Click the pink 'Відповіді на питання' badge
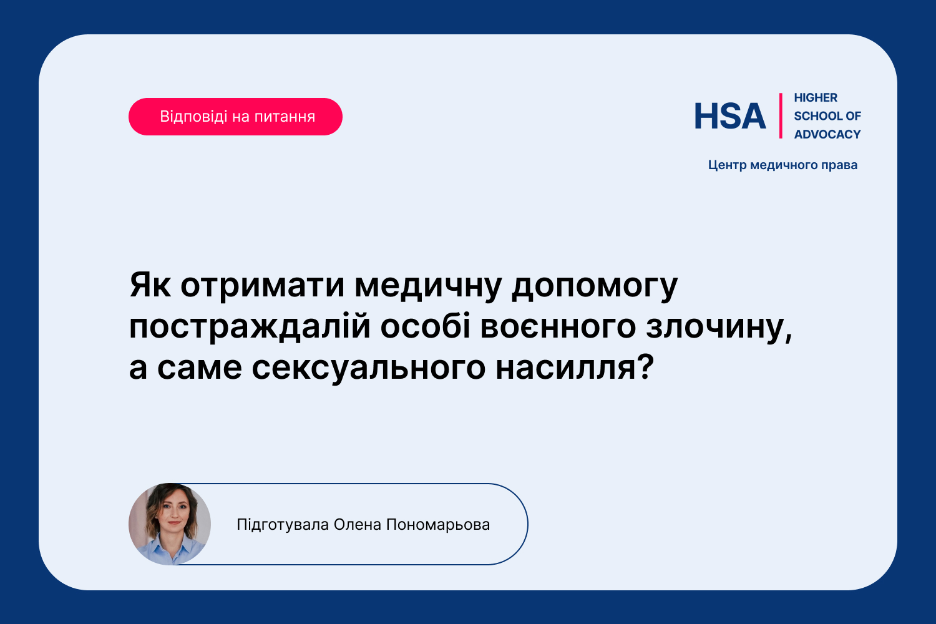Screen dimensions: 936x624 pyautogui.click(x=235, y=117)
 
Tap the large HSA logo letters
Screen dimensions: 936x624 pyautogui.click(x=730, y=116)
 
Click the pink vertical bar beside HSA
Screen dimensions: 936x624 pyautogui.click(x=781, y=116)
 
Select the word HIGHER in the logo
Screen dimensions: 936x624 pyautogui.click(x=815, y=98)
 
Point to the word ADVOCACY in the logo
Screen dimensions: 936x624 pyautogui.click(x=827, y=135)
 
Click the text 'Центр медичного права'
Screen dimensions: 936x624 pyautogui.click(x=782, y=165)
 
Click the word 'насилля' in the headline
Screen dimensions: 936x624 pyautogui.click(x=566, y=368)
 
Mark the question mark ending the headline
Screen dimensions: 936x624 pyautogui.click(x=646, y=366)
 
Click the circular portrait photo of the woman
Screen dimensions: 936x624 pyautogui.click(x=170, y=524)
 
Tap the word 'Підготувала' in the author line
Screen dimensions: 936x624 pyautogui.click(x=283, y=525)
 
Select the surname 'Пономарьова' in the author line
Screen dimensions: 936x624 pyautogui.click(x=438, y=525)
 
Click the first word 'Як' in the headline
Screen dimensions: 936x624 pyautogui.click(x=150, y=285)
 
